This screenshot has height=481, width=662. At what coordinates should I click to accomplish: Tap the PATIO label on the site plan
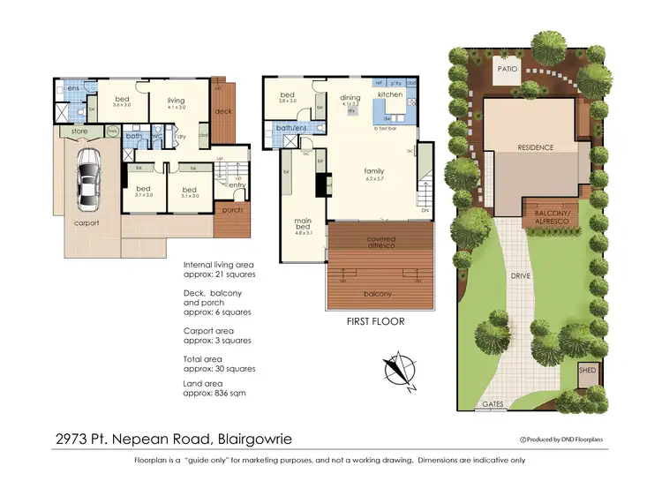[507, 67]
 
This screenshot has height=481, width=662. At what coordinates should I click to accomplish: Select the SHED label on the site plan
[587, 372]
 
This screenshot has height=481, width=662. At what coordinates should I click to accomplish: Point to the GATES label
[493, 405]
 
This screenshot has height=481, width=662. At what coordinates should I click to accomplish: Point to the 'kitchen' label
[390, 94]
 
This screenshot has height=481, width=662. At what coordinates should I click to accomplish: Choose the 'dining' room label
[350, 98]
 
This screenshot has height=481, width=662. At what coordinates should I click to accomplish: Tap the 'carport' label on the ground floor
[87, 223]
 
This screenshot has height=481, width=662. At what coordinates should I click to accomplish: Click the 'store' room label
[67, 132]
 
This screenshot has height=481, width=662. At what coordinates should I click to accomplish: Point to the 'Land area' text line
[214, 387]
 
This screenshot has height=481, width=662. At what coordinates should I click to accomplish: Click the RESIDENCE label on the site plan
[534, 147]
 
